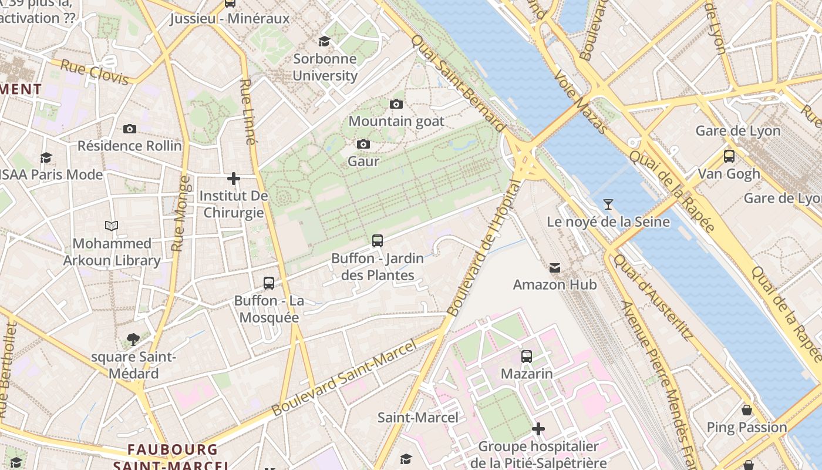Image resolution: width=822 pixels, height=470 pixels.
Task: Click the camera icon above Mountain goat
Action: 396,105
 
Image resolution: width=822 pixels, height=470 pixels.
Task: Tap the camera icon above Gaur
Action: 363,145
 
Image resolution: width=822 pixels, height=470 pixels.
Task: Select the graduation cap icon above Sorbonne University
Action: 324,41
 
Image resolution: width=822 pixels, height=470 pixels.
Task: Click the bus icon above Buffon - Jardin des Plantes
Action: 378,241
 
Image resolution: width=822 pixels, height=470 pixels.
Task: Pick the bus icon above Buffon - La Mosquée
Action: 269,283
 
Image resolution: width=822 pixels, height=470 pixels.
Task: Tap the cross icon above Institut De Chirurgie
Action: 234,178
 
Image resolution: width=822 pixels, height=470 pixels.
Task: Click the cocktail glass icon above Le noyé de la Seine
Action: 608,204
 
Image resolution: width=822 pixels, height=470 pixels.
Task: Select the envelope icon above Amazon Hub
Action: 554,268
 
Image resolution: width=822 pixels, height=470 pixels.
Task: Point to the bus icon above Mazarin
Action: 527,357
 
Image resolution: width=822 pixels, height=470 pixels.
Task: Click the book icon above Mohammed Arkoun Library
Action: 112,226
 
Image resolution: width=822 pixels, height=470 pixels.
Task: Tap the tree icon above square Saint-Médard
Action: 133,339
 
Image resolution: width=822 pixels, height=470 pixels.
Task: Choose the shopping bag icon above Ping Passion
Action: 747,410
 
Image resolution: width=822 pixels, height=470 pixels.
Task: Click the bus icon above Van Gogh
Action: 729,156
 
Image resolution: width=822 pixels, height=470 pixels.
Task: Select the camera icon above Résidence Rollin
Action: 130,129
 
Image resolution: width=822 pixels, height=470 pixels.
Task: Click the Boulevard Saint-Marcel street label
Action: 345,377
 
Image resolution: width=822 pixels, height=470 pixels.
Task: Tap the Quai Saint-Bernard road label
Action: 457,82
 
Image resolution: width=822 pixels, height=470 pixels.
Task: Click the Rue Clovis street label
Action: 95,72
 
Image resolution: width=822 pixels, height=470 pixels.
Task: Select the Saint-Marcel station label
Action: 417,418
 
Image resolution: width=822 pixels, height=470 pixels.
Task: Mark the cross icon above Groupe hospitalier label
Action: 538,429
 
